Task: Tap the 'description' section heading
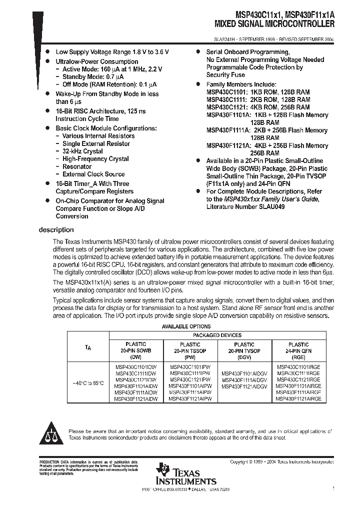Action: [x=56, y=230]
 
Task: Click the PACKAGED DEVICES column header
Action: [x=216, y=335]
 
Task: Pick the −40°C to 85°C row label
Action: [x=88, y=383]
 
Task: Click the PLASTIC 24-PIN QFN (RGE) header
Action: [x=298, y=351]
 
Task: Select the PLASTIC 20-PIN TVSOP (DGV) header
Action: [x=244, y=351]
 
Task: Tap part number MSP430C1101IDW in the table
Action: [x=136, y=366]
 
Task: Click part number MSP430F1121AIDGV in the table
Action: [x=244, y=386]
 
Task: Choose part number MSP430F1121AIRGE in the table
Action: [x=298, y=399]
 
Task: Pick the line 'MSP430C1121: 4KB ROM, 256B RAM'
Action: [x=258, y=107]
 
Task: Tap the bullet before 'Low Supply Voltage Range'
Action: [x=47, y=51]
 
